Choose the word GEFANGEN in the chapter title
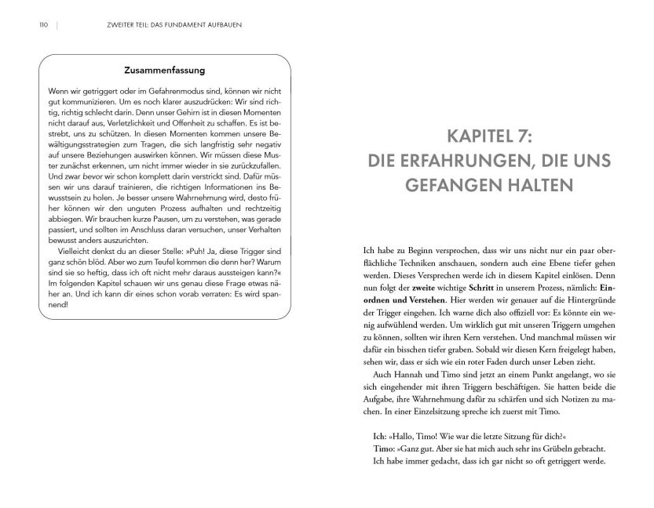tap(454, 188)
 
